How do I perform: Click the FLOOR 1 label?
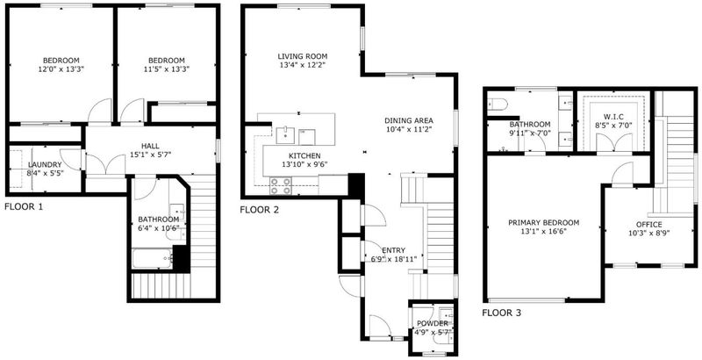click(24, 207)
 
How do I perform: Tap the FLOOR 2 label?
click(259, 210)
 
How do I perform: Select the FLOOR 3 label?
click(501, 313)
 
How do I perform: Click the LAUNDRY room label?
click(45, 165)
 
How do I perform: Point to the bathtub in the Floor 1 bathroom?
click(152, 259)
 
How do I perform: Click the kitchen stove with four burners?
click(281, 185)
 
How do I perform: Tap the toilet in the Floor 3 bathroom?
click(497, 104)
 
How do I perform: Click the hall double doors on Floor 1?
click(105, 164)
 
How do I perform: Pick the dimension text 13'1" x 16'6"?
click(543, 232)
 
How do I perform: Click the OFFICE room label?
click(648, 224)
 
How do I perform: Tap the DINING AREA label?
click(409, 120)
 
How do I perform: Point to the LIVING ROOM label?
click(302, 56)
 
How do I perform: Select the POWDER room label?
click(432, 324)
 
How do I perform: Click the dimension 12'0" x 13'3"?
click(61, 69)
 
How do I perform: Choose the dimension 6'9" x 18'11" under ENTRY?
click(394, 259)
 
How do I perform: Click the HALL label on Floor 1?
click(150, 146)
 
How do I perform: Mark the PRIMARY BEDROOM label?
click(543, 222)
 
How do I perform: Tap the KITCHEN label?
click(304, 155)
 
